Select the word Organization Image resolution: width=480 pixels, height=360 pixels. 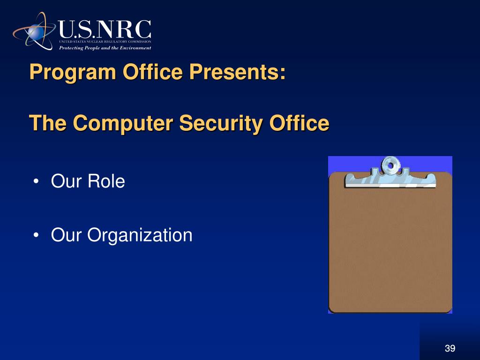tap(140, 235)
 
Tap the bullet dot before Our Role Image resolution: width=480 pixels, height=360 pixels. tap(37, 182)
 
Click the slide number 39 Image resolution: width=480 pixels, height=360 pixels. tap(450, 348)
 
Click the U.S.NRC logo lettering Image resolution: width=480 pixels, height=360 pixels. tap(105, 29)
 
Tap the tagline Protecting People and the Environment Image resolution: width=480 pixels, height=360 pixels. tap(105, 48)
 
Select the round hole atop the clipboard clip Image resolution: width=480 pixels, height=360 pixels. tap(389, 164)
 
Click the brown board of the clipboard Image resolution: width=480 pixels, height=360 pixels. tap(390, 248)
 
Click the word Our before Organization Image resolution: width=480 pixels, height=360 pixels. tap(67, 235)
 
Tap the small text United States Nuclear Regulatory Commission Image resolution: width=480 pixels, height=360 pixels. tap(105, 42)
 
